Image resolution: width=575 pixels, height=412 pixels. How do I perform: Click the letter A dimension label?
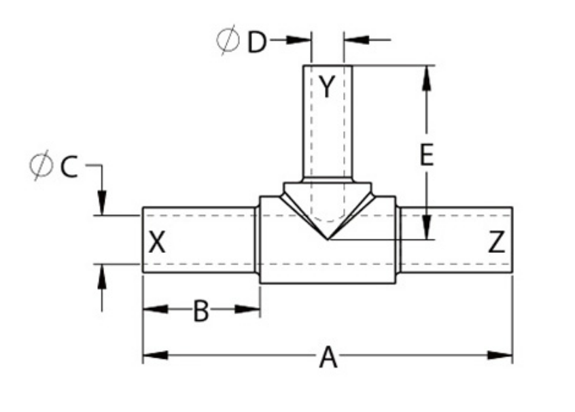328,356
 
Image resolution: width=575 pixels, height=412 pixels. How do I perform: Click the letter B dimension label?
201,311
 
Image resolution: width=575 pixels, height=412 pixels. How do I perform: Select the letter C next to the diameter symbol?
69,166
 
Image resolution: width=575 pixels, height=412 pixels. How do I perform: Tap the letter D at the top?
257,42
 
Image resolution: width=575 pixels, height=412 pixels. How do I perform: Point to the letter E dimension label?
426,156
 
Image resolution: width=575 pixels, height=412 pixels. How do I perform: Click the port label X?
157,242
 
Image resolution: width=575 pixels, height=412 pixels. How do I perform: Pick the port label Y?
328,87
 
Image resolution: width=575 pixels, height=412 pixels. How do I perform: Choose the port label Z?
498,243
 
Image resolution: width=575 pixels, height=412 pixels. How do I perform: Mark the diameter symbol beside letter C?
41,166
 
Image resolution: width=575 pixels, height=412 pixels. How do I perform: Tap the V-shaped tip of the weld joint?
328,239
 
